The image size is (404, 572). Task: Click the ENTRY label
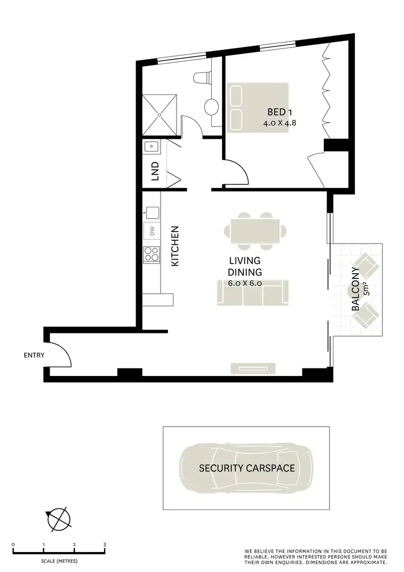click(34, 355)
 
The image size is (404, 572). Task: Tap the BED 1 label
click(280, 113)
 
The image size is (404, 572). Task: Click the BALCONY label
click(356, 290)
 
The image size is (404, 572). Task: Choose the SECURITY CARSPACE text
click(247, 468)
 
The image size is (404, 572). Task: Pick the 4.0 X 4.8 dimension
click(280, 123)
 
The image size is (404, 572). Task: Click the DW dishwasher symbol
click(152, 231)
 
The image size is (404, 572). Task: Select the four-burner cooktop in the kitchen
click(152, 254)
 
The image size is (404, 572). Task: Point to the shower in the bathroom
click(159, 114)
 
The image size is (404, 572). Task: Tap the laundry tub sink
click(151, 146)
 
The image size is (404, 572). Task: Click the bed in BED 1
click(257, 107)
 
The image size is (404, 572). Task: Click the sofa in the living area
click(253, 292)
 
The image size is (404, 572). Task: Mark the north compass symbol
click(59, 518)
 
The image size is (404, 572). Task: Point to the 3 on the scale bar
click(105, 545)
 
